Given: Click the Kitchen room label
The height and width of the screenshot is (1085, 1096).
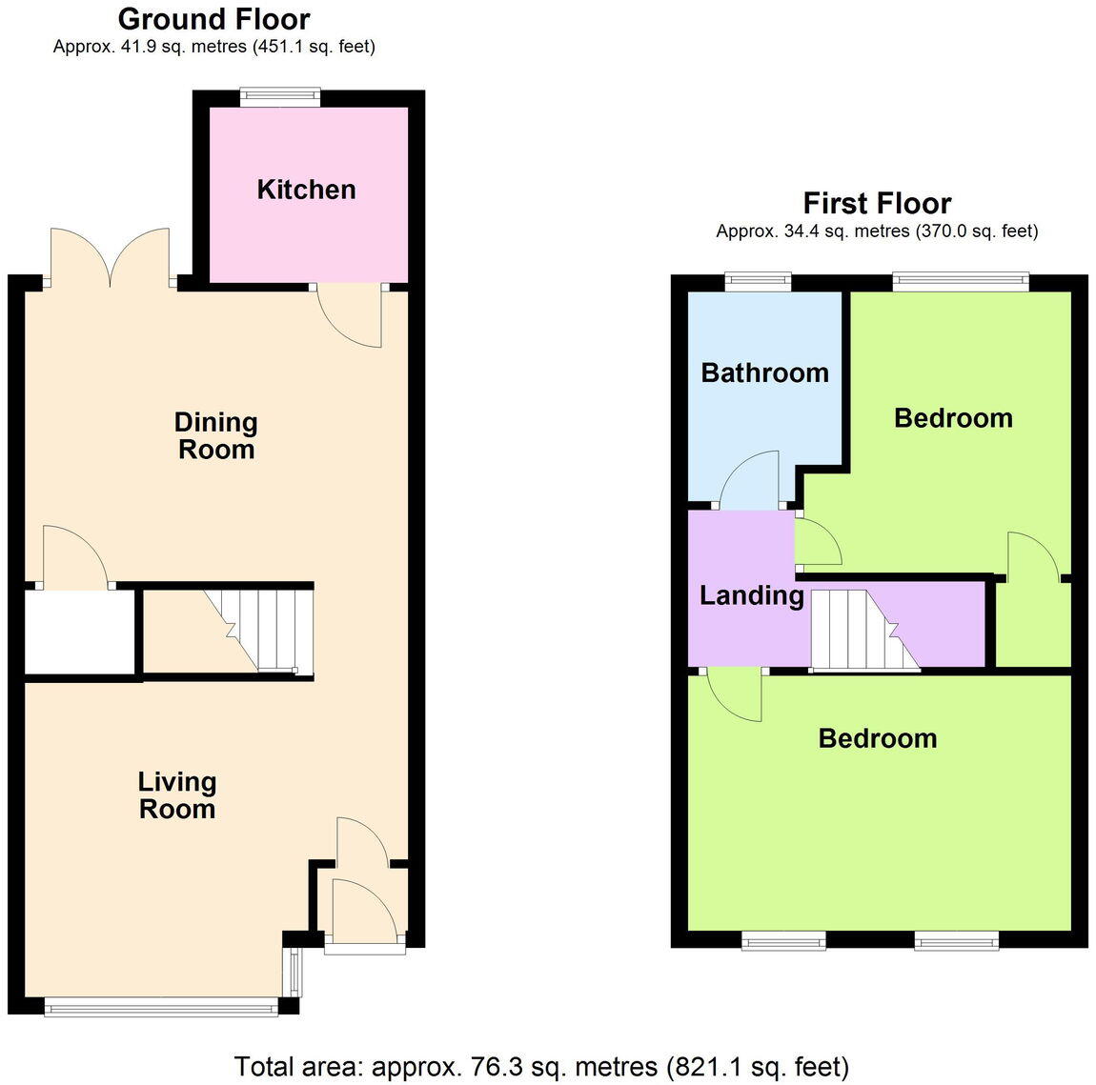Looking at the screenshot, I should pyautogui.click(x=306, y=190).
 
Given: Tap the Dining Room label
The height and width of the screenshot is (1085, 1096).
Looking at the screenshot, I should pyautogui.click(x=216, y=435).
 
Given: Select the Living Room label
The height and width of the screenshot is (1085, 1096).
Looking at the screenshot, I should pyautogui.click(x=177, y=795).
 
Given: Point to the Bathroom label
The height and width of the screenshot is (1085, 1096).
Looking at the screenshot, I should pyautogui.click(x=764, y=372).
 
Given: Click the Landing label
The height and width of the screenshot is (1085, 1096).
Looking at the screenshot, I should pyautogui.click(x=751, y=596).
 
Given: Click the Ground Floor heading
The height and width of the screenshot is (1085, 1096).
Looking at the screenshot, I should pyautogui.click(x=213, y=18).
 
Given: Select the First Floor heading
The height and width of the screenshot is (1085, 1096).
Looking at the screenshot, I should pyautogui.click(x=877, y=203).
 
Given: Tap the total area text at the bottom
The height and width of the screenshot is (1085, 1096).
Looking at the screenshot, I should pyautogui.click(x=540, y=1065).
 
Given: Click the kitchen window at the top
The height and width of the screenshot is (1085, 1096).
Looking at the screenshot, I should pyautogui.click(x=279, y=93).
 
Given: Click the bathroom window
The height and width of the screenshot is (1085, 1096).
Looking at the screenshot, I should pyautogui.click(x=758, y=280).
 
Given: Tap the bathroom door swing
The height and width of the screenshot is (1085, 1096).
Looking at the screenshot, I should pyautogui.click(x=751, y=479).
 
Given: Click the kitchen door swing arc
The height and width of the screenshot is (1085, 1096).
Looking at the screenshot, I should pyautogui.click(x=350, y=316).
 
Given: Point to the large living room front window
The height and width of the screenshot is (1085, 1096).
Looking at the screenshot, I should pyautogui.click(x=161, y=1005).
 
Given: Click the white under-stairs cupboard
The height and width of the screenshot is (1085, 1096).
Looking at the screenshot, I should pyautogui.click(x=79, y=632).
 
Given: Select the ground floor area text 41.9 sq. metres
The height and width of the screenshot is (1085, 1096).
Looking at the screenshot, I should pyautogui.click(x=213, y=46).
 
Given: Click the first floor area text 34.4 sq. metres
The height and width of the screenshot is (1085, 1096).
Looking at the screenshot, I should pyautogui.click(x=877, y=231).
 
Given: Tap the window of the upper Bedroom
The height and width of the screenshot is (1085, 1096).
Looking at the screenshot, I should pyautogui.click(x=961, y=280).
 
